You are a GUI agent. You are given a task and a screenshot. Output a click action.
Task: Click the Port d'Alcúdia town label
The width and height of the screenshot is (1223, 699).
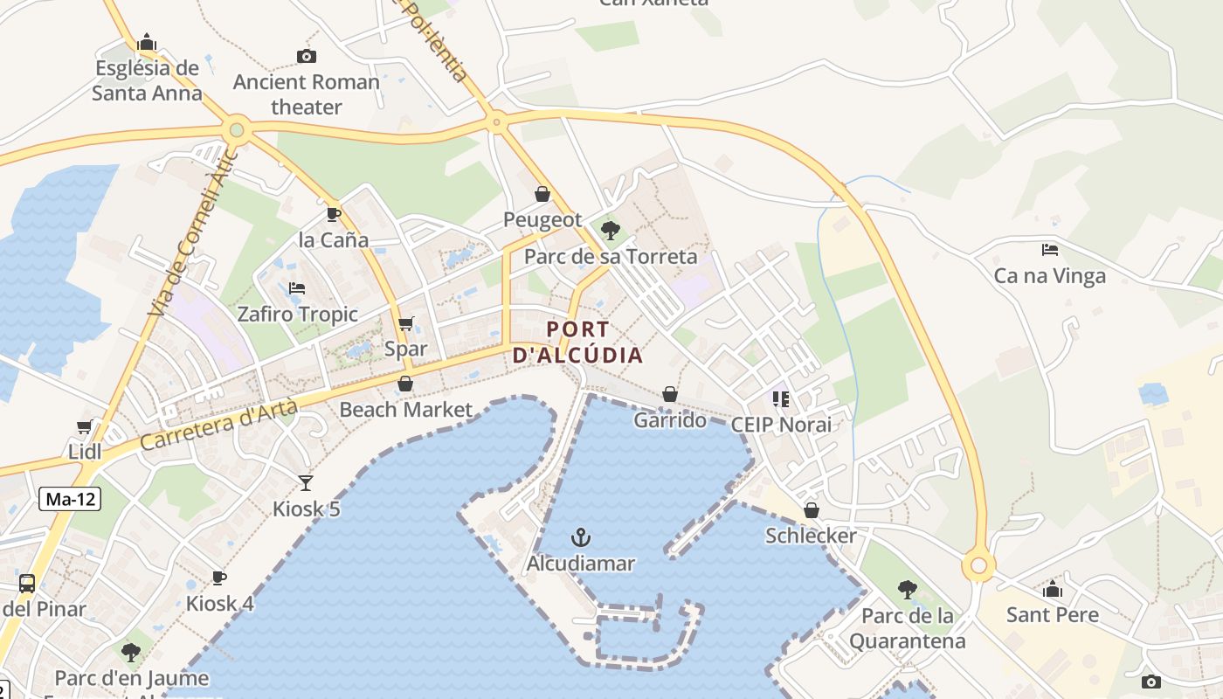(577, 343)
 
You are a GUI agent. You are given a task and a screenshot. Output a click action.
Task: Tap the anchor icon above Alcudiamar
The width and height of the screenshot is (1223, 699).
(580, 537)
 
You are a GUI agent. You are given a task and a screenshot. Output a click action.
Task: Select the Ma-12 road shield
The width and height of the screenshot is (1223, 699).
(70, 500)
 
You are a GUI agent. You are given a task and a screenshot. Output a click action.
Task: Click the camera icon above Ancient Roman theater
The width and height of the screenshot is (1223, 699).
(307, 57)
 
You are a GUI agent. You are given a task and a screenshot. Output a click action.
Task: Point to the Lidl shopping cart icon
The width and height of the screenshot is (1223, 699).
(85, 426)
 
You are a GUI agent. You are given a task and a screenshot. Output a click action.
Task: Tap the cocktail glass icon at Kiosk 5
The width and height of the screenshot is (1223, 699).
(306, 482)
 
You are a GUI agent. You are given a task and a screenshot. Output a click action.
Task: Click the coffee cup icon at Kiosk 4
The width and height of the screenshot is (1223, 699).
(219, 578)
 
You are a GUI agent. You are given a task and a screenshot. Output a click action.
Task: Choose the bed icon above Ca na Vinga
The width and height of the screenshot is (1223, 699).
(1050, 250)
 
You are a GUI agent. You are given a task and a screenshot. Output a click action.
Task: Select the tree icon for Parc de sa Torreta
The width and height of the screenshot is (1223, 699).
(611, 231)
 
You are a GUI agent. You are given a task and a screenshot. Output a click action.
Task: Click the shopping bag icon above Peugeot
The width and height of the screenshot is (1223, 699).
(542, 194)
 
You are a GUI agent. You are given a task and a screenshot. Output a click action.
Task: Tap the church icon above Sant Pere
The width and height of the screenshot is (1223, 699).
(1052, 588)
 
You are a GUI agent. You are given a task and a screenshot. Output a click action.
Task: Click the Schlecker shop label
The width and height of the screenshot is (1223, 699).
(811, 535)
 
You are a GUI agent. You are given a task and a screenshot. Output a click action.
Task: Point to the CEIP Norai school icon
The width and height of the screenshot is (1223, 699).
(780, 399)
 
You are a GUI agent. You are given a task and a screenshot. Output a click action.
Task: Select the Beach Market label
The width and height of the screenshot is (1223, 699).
(405, 409)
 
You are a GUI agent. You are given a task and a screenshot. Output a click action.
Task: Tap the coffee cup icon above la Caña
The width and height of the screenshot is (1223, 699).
(333, 214)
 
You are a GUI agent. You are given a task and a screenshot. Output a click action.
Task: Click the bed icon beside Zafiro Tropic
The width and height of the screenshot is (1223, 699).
(297, 287)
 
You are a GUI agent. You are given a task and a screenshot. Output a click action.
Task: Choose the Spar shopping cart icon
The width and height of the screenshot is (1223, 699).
(405, 323)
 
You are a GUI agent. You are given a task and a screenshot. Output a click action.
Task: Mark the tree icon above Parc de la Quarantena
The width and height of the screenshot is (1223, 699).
(908, 590)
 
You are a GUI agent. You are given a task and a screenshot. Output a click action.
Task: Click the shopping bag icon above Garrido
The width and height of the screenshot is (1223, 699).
(669, 394)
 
